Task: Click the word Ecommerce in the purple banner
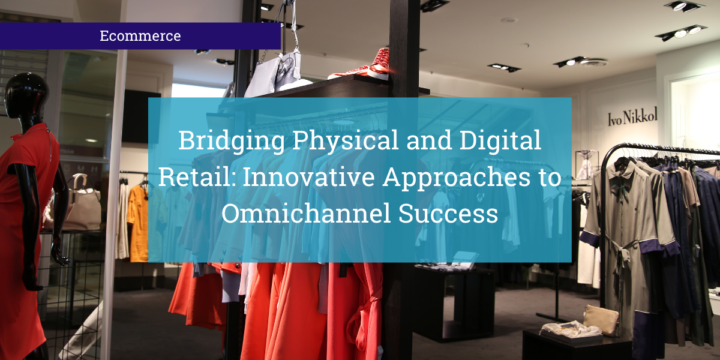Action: [140, 36]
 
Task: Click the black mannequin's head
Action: [26, 96]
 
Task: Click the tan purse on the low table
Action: [601, 320]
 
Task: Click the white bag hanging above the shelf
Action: [273, 75]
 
